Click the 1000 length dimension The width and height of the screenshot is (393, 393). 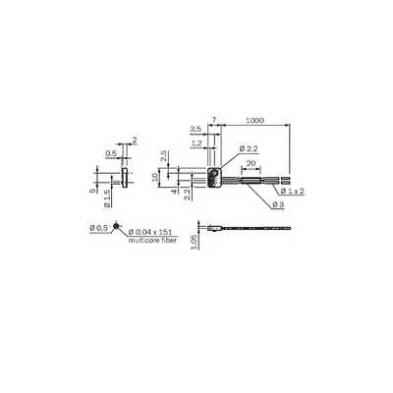tap(254, 120)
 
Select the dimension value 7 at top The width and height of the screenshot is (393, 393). tap(214, 120)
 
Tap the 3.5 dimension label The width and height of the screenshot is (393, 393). tap(196, 130)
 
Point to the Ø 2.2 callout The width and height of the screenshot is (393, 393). tap(249, 148)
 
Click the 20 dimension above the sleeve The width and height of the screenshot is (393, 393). tap(251, 163)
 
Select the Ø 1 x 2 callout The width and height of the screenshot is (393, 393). tap(292, 192)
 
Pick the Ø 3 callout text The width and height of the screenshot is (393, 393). tap(278, 205)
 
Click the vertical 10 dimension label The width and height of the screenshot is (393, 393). tap(154, 178)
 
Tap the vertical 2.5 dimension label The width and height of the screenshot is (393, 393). tap(164, 156)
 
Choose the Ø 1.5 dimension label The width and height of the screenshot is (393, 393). tap(107, 199)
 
